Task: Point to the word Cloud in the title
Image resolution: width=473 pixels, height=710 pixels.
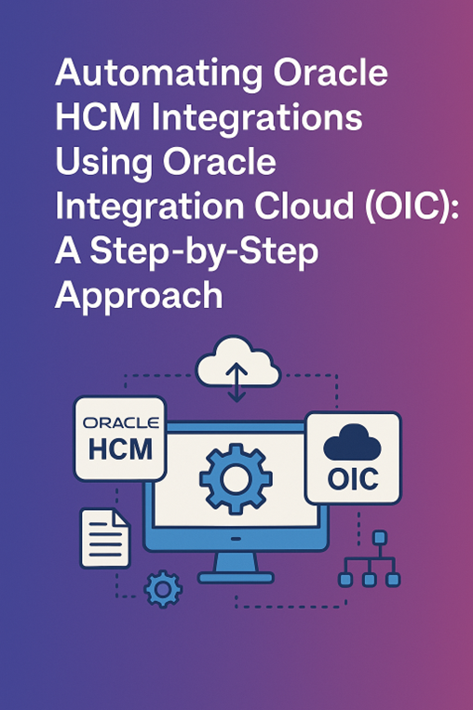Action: pos(285,206)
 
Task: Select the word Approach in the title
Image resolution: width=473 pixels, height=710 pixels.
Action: pos(139,294)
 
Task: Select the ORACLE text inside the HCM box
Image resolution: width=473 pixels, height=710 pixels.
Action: pos(120,422)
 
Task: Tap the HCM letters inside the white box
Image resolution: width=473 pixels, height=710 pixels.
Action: pos(120,449)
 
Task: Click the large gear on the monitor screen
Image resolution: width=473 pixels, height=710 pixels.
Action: pos(236,478)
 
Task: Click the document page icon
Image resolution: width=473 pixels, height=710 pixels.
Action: pos(104,537)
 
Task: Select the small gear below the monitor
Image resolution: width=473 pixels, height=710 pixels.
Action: pos(163,587)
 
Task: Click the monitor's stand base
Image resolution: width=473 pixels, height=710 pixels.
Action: pos(236,574)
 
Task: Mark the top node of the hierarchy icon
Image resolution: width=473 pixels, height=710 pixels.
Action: pos(379,537)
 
